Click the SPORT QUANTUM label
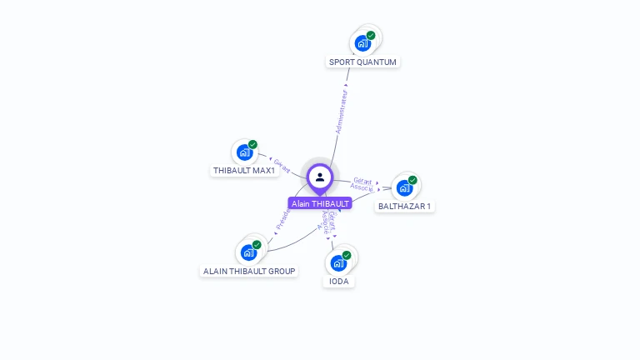[362, 62]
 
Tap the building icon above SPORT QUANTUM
[362, 43]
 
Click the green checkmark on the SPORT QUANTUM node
[371, 36]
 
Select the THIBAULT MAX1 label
[244, 170]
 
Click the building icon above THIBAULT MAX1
[243, 152]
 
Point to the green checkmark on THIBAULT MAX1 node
[252, 145]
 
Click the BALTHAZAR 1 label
[405, 206]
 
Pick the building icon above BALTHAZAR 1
[404, 188]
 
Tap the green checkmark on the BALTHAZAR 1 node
[412, 180]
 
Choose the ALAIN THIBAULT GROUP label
[250, 271]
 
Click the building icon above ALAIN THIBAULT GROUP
[247, 252]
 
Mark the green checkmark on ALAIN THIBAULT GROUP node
[257, 245]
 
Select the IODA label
[338, 282]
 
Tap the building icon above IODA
[337, 263]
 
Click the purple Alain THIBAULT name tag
[320, 203]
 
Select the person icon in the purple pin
[320, 177]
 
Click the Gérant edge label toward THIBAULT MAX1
[282, 165]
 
